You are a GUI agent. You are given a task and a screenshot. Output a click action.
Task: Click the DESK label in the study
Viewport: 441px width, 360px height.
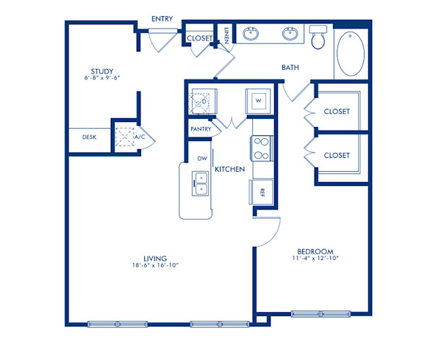pyautogui.click(x=90, y=137)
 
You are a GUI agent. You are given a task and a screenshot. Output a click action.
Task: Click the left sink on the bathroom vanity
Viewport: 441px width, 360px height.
pyautogui.click(x=251, y=33)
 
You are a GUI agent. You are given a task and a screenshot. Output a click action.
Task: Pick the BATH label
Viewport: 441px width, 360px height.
pyautogui.click(x=290, y=68)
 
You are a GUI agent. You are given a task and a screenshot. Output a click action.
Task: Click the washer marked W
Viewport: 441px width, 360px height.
pyautogui.click(x=259, y=100)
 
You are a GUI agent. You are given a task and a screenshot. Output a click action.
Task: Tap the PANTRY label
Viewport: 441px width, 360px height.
pyautogui.click(x=201, y=129)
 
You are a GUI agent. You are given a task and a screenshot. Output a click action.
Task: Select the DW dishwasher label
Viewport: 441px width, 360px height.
pyautogui.click(x=201, y=159)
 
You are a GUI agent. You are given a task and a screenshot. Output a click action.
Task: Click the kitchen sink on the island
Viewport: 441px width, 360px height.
pyautogui.click(x=199, y=182)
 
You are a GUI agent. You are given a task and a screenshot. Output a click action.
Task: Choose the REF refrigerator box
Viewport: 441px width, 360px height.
pyautogui.click(x=262, y=192)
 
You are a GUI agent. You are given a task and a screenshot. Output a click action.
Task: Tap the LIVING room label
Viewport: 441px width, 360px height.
pyautogui.click(x=156, y=259)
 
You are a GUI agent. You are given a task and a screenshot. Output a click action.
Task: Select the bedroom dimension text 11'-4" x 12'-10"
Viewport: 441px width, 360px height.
pyautogui.click(x=318, y=259)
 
